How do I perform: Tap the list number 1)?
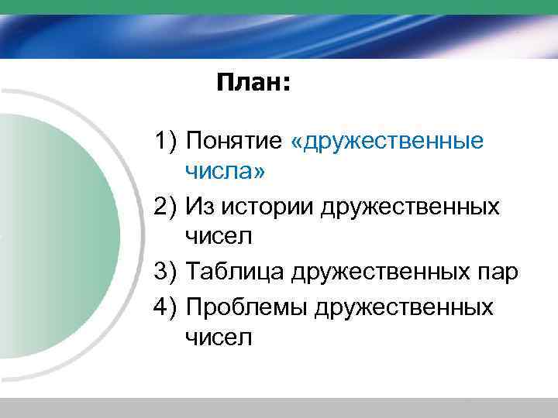tap(167, 142)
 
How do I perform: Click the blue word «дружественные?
tap(387, 142)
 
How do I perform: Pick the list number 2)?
tap(167, 207)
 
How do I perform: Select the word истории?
tap(267, 207)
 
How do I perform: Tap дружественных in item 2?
tap(410, 207)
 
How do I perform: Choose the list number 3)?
tap(167, 272)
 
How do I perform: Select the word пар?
tap(498, 273)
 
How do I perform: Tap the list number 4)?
tap(167, 307)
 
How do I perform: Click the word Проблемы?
tap(246, 307)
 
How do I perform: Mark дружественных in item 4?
tap(404, 307)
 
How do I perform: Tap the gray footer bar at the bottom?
tap(279, 408)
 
